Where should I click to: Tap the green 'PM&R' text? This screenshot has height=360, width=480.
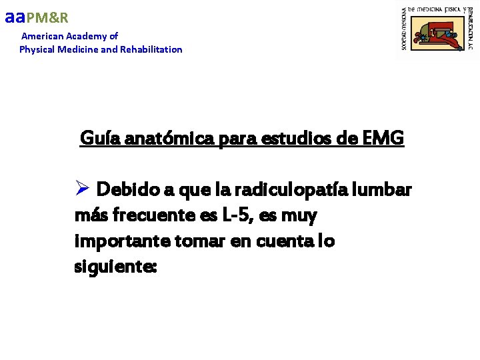pos(47,18)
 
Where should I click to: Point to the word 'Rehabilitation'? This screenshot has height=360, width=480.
pos(151,49)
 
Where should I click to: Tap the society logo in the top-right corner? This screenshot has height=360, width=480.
pos(437,31)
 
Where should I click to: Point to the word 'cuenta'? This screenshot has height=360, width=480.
pos(272,241)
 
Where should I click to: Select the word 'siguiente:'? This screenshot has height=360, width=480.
pos(115,267)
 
